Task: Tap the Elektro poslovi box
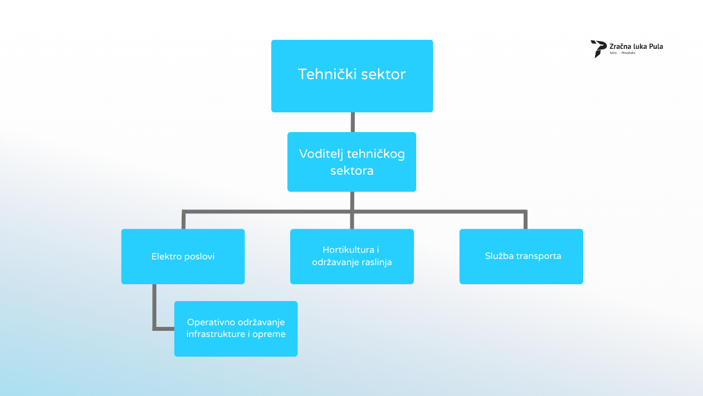pyautogui.click(x=183, y=270)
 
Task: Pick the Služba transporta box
pyautogui.click(x=521, y=270)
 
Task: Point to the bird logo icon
pyautogui.click(x=598, y=48)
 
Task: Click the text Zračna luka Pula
pyautogui.click(x=636, y=46)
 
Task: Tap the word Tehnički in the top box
pyautogui.click(x=321, y=74)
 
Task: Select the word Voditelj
pyautogui.click(x=321, y=154)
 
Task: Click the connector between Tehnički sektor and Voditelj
pyautogui.click(x=352, y=122)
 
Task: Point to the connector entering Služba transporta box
pyautogui.click(x=526, y=220)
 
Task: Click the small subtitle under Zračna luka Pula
pyautogui.click(x=622, y=53)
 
